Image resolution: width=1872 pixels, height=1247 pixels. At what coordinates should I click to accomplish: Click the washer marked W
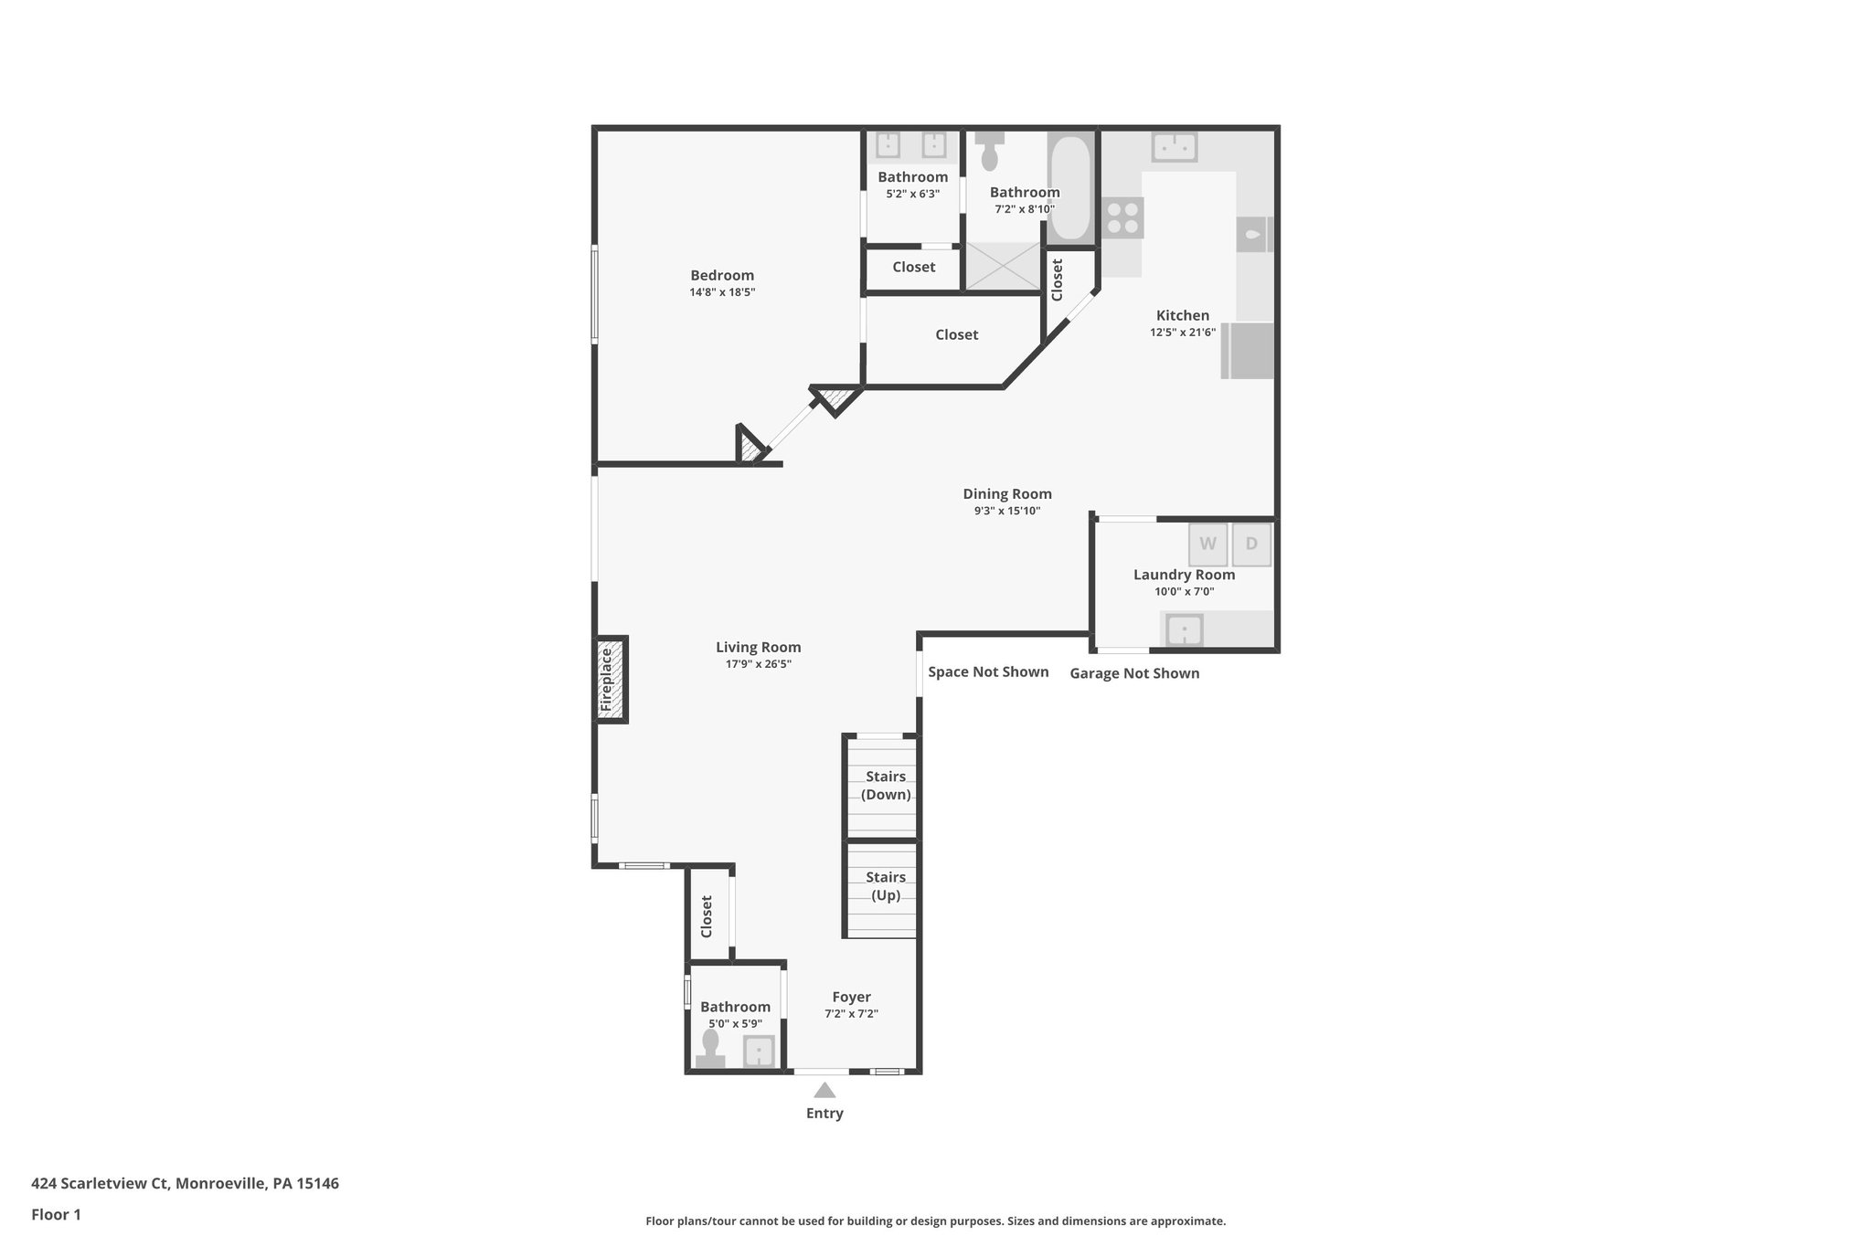point(1207,544)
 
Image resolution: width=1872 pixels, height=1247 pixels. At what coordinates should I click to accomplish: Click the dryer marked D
point(1251,544)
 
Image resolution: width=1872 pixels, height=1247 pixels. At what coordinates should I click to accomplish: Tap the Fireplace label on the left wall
point(607,681)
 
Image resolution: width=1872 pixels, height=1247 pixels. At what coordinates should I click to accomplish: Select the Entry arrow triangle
point(824,1091)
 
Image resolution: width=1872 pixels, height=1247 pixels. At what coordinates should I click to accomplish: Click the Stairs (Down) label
point(886,786)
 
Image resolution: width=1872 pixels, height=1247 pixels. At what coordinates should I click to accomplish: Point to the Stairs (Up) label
point(886,886)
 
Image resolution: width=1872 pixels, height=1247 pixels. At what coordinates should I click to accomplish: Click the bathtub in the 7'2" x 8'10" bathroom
point(1069,187)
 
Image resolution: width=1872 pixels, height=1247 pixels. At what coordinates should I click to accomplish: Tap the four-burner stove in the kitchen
point(1122,217)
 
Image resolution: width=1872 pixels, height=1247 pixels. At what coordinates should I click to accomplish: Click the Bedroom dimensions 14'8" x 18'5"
point(722,292)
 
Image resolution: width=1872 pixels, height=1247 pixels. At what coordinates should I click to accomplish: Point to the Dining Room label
point(1007,494)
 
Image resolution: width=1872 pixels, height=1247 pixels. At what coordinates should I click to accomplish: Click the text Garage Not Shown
point(1134,673)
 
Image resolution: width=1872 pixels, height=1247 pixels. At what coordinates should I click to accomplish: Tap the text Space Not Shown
point(988,672)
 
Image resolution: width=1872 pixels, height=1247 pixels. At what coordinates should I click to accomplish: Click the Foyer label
point(851,997)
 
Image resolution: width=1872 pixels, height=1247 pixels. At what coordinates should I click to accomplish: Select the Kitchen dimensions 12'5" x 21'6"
point(1183,333)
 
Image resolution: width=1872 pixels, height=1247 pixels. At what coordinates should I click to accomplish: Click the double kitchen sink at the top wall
point(1175,146)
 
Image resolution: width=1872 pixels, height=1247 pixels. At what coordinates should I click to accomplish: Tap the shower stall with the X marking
point(1003,267)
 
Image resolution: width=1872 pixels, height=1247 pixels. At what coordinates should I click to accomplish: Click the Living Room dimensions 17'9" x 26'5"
point(759,664)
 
